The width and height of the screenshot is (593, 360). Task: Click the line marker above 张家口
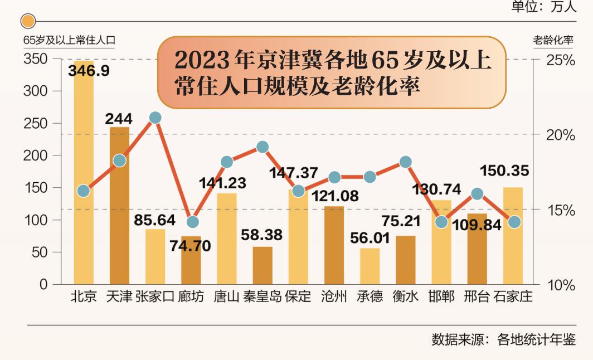pyautogui.click(x=155, y=118)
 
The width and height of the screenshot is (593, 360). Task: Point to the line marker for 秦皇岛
pyautogui.click(x=263, y=147)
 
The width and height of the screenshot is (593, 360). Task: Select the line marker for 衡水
pyautogui.click(x=405, y=162)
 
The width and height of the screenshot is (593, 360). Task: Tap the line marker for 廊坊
pyautogui.click(x=192, y=222)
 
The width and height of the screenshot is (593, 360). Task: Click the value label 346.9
pyautogui.click(x=88, y=70)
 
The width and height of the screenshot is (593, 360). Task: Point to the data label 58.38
pyautogui.click(x=263, y=235)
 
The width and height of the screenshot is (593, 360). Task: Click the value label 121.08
pyautogui.click(x=334, y=196)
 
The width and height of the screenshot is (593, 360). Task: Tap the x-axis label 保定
pyautogui.click(x=298, y=296)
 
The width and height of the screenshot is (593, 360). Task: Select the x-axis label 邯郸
pyautogui.click(x=441, y=296)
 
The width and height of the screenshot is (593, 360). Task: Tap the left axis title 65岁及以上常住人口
pyautogui.click(x=69, y=40)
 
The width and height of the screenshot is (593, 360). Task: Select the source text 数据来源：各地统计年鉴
pyautogui.click(x=504, y=339)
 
